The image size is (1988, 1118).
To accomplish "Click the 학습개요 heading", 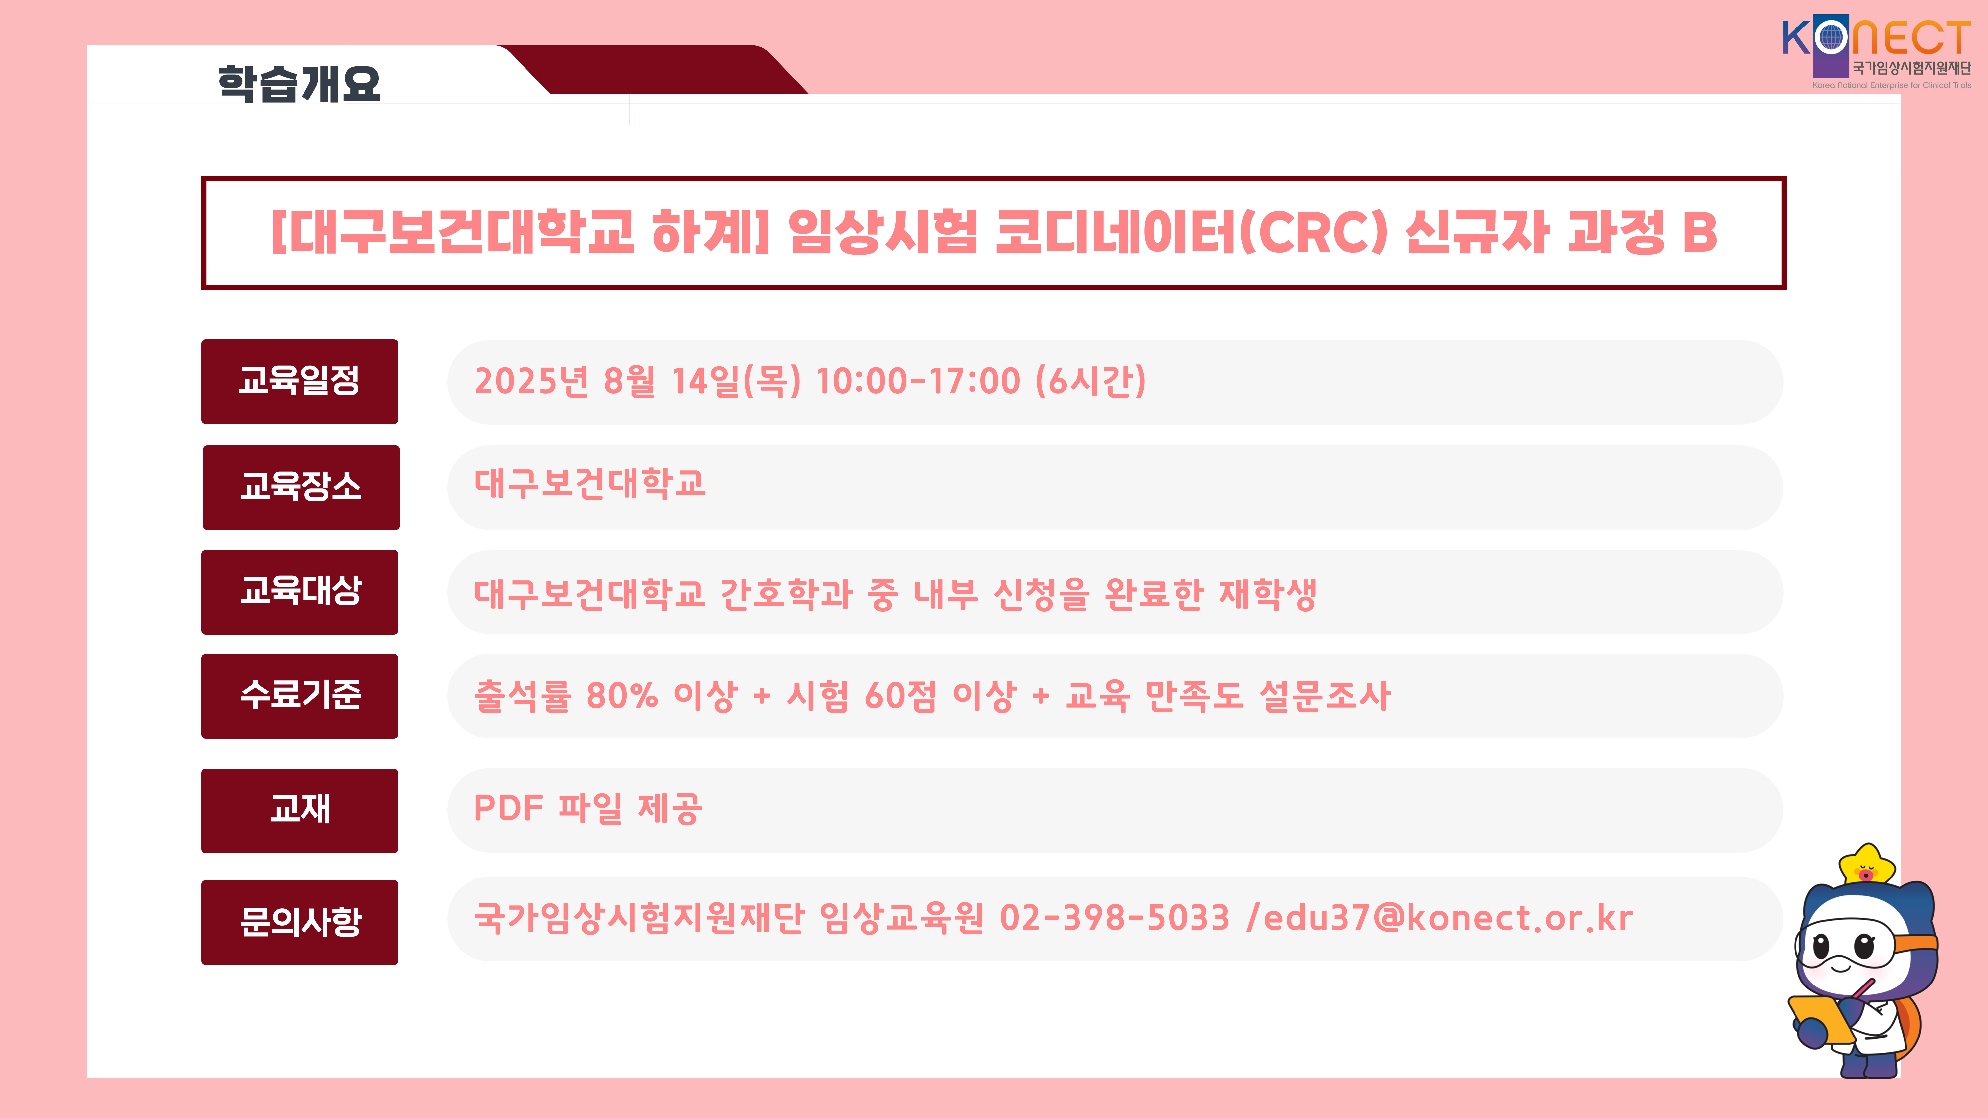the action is [x=300, y=83].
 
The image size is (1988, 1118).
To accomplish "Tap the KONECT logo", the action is [x=1877, y=52].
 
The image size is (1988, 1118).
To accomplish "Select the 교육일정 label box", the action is [x=300, y=381].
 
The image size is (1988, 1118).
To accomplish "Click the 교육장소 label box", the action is [x=301, y=487].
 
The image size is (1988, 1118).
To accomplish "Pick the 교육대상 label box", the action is [x=300, y=592].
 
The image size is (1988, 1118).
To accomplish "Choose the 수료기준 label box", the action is [x=300, y=696].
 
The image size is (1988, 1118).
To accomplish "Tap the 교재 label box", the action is [x=300, y=810].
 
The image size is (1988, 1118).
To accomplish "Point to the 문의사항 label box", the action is [x=300, y=922].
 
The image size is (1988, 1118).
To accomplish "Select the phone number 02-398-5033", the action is [x=1114, y=918].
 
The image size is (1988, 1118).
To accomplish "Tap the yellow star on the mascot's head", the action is [x=1867, y=866].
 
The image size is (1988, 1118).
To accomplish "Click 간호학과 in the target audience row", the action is [x=786, y=593].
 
